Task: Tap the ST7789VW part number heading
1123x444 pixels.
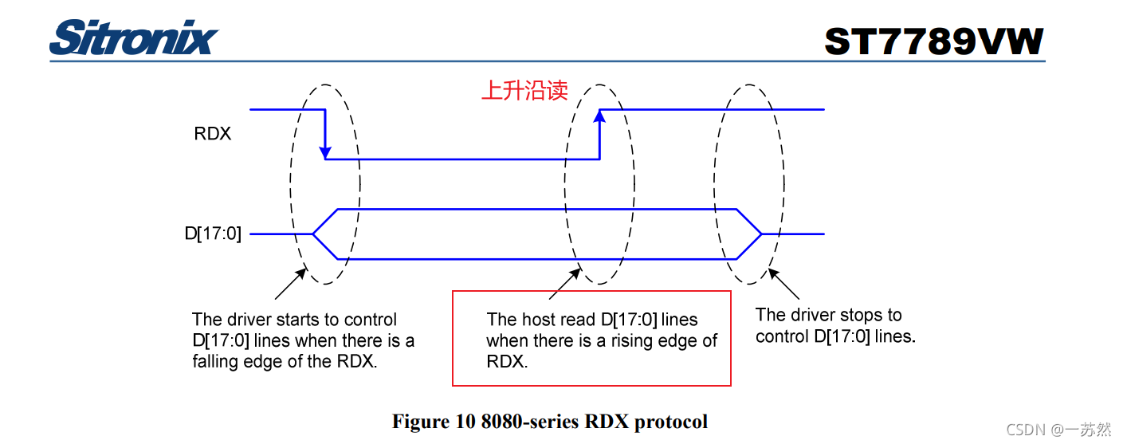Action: click(933, 41)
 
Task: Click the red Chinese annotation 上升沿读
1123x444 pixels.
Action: click(524, 90)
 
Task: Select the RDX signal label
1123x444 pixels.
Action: click(213, 134)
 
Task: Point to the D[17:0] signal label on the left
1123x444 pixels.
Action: click(212, 234)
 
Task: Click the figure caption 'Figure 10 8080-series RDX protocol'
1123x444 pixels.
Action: click(549, 421)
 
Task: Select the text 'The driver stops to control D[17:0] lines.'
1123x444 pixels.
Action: click(835, 325)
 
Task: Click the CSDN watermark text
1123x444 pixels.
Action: click(1058, 430)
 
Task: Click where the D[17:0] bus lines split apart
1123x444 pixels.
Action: click(313, 234)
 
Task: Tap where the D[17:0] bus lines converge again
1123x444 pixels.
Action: click(761, 234)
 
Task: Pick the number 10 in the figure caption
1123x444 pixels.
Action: click(465, 421)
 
